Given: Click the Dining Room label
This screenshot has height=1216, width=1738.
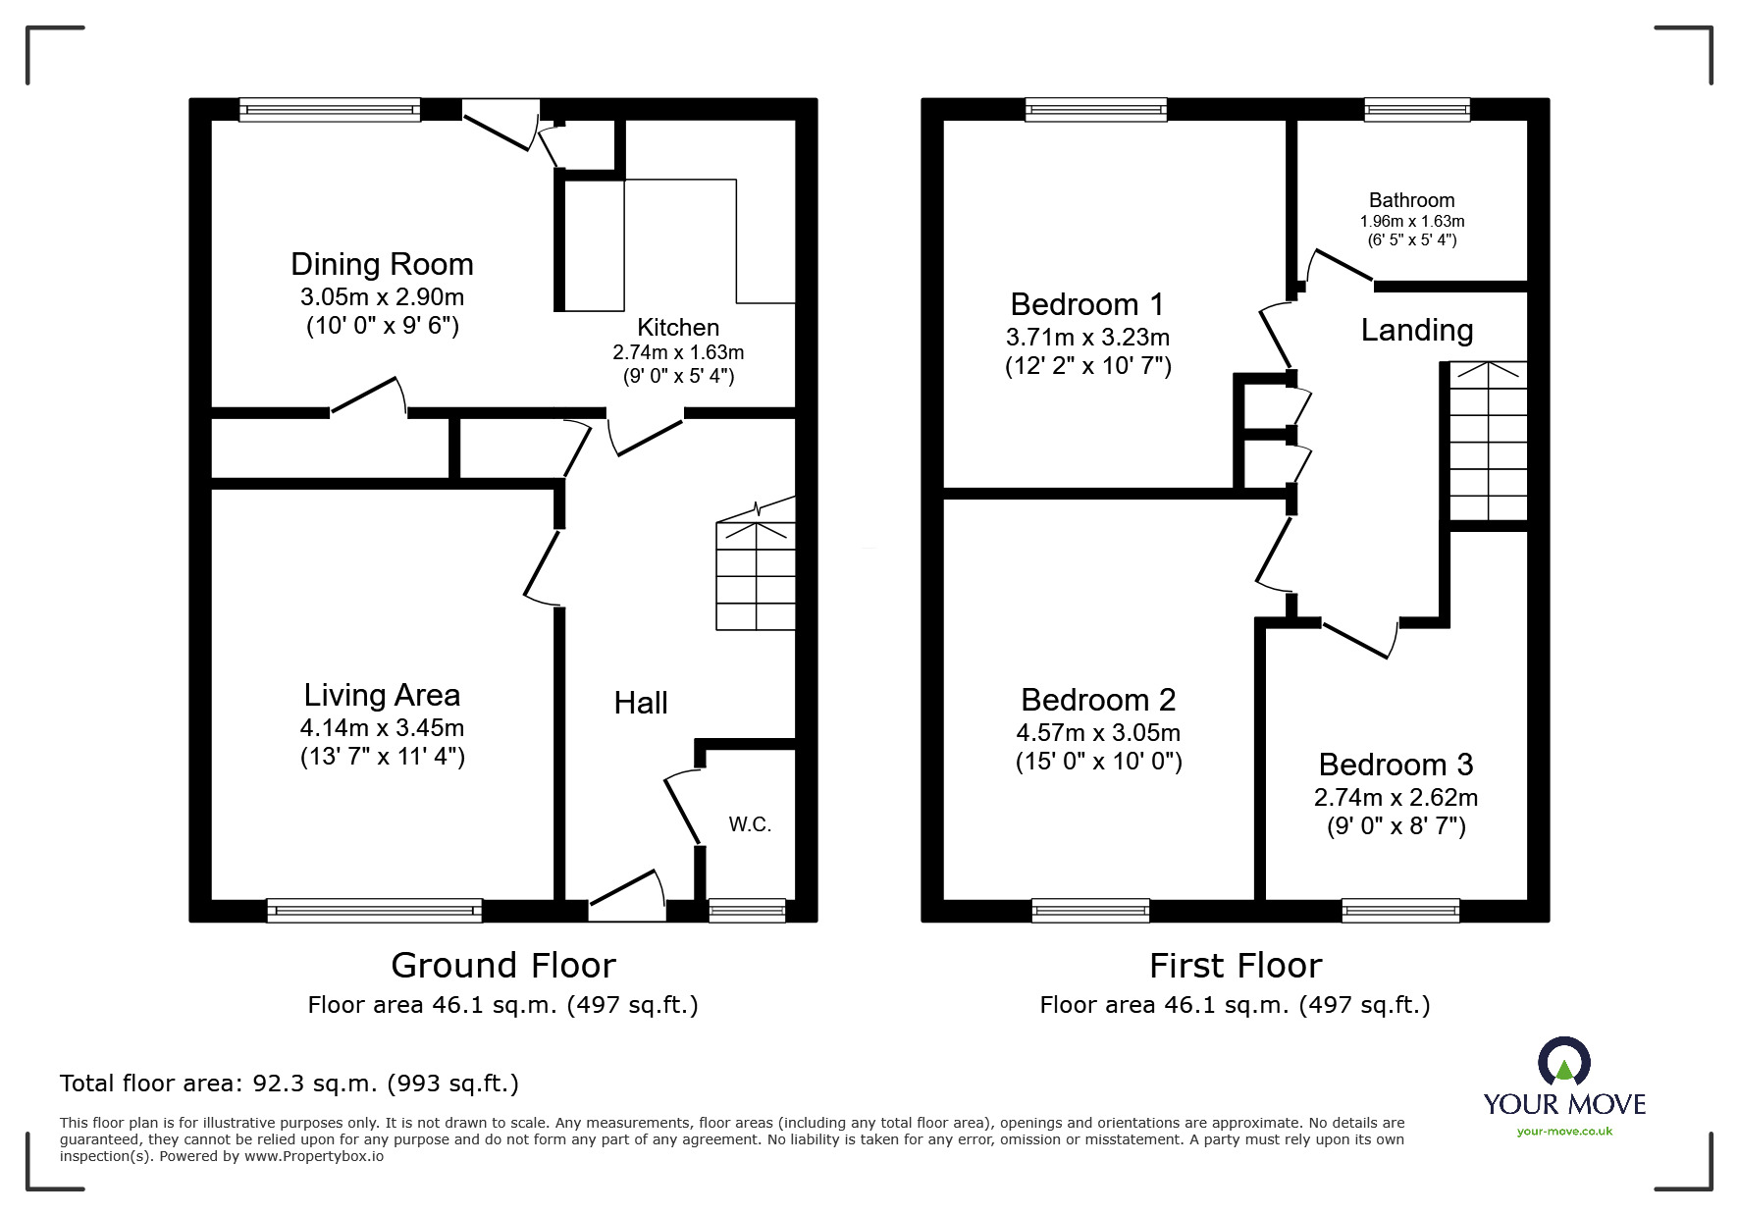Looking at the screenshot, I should coord(382,264).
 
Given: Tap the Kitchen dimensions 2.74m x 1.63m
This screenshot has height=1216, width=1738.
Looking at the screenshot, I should coord(678,352).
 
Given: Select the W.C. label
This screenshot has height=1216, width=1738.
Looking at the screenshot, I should coord(750,824).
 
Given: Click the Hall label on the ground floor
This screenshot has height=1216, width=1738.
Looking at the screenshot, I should coord(641,703).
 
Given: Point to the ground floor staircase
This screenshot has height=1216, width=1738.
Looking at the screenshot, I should coord(756,574).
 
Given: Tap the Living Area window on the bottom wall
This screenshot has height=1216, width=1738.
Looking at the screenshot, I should coord(374,911).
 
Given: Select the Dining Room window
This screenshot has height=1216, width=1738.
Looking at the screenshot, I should coord(330,110).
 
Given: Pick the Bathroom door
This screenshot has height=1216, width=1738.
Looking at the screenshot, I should coord(1339,265).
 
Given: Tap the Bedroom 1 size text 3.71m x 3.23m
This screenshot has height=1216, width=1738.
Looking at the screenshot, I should coord(1087,338).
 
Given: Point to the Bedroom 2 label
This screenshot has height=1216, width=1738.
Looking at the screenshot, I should coord(1098,700).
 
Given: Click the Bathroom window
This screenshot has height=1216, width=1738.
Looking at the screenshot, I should coord(1416,110).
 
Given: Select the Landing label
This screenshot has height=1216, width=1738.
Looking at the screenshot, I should coord(1416,330).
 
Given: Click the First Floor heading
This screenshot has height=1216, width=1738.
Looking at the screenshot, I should coord(1235,966).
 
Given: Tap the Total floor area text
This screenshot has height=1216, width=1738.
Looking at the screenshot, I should coord(290,1084).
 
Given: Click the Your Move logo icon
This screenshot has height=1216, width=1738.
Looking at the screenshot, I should coord(1563,1063).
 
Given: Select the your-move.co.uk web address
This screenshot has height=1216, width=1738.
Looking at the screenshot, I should coord(1564,1132).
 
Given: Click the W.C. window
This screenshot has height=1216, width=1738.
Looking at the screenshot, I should coord(747,911).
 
